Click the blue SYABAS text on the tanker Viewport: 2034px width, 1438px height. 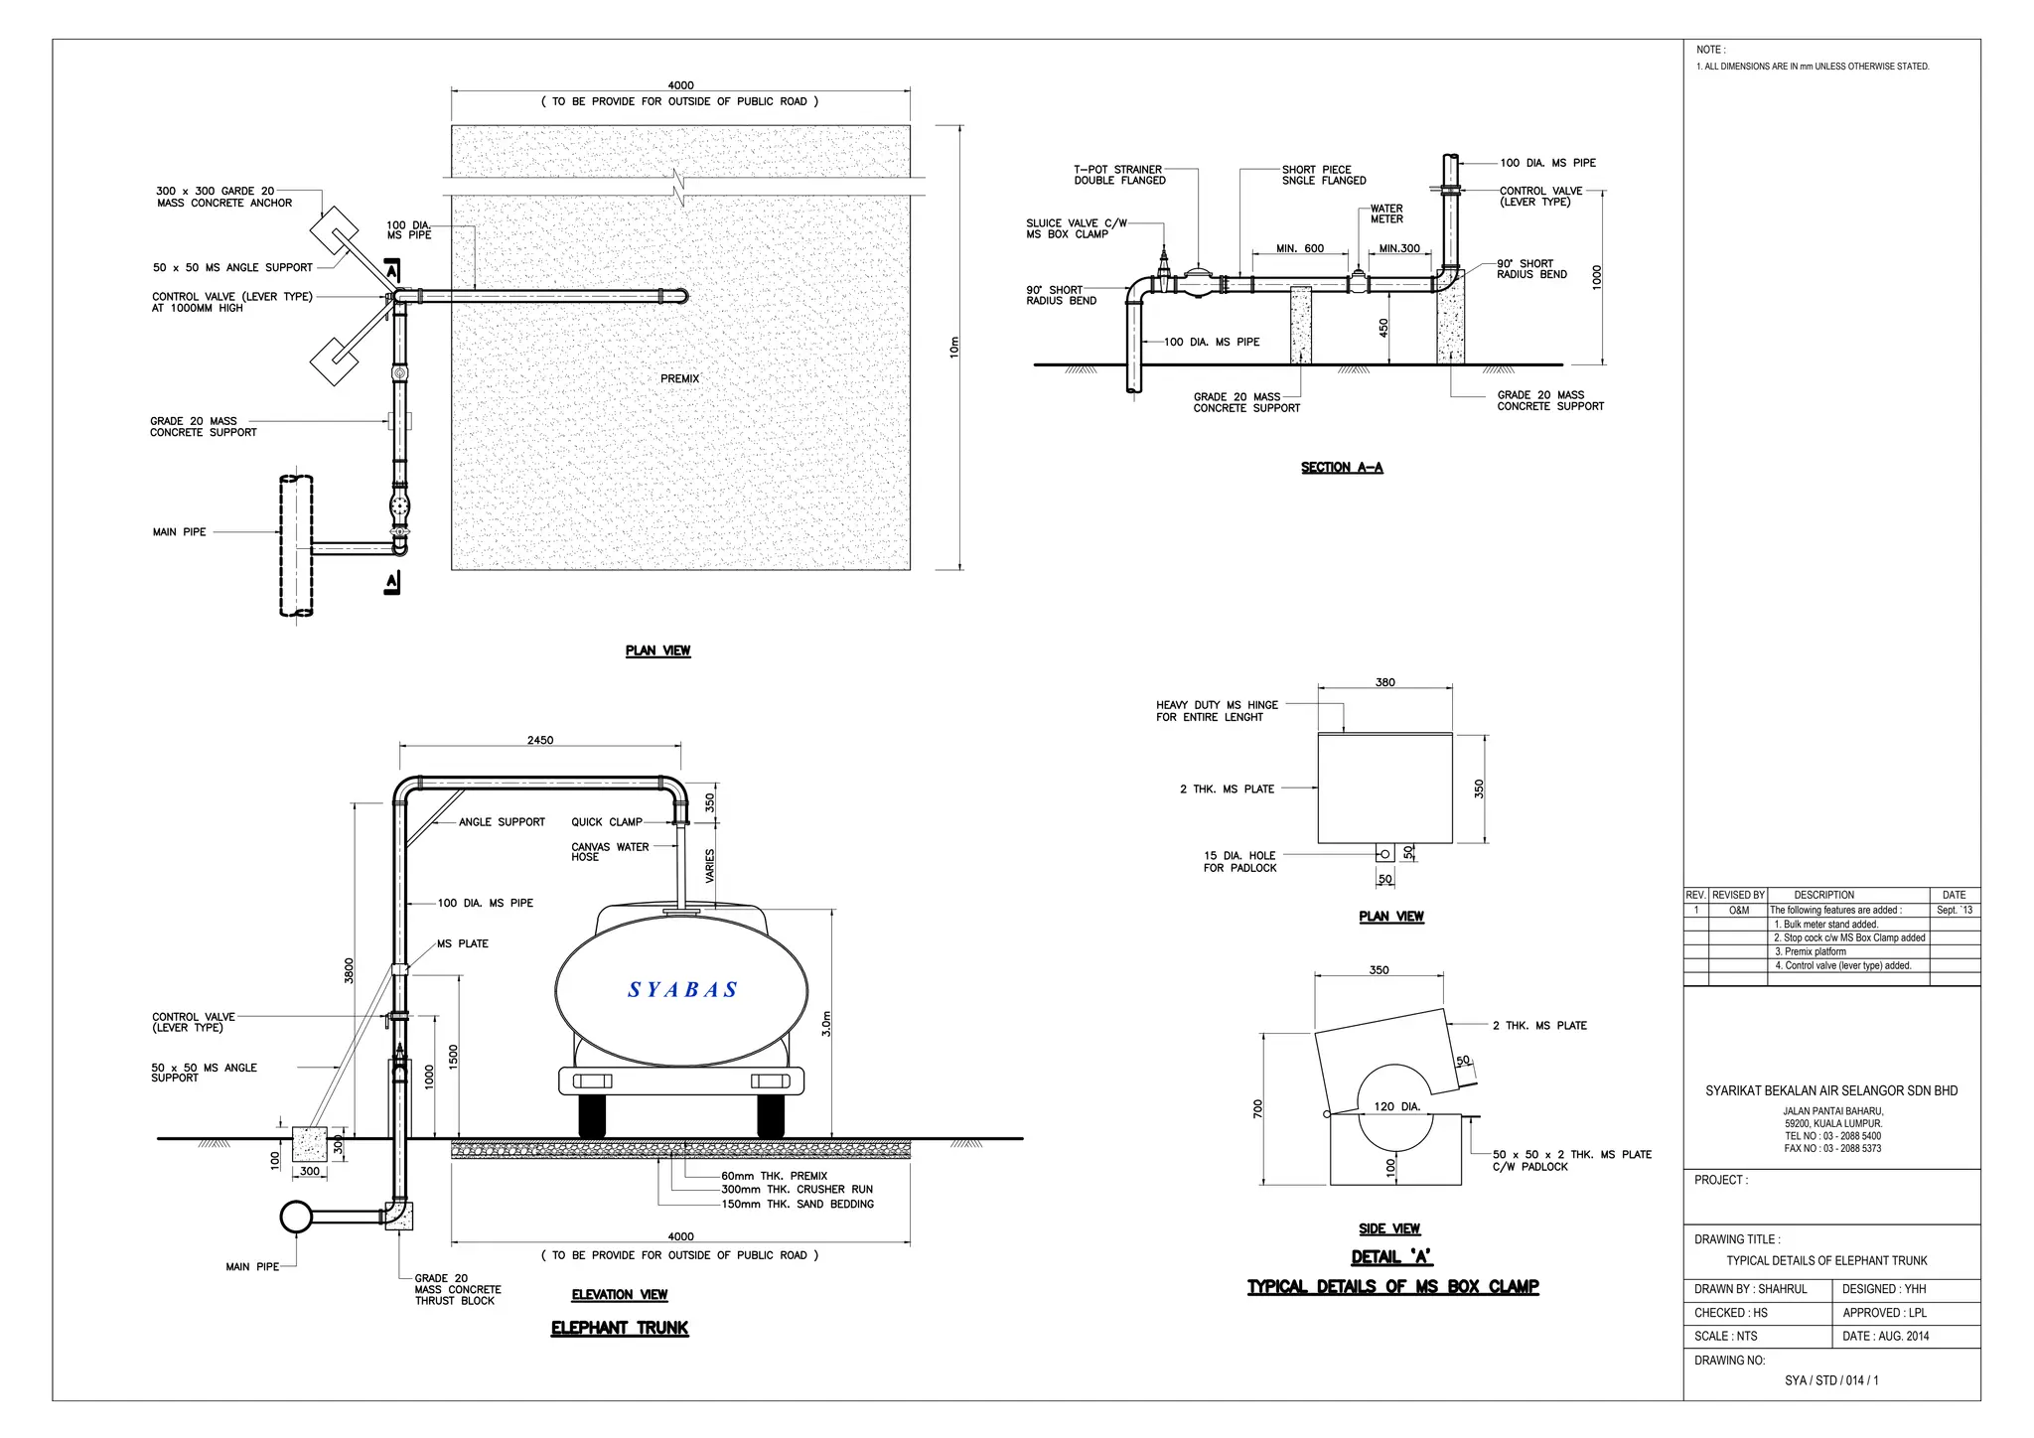(x=683, y=990)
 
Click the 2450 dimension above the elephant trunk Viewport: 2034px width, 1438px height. (x=540, y=741)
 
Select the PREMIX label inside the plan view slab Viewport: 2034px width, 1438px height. (x=680, y=378)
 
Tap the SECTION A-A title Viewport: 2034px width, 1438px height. (x=1342, y=468)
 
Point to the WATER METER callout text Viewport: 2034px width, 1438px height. (x=1386, y=215)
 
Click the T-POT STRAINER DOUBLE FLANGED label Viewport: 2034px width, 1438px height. (x=1118, y=176)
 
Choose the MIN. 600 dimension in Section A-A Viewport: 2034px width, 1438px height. (x=1300, y=249)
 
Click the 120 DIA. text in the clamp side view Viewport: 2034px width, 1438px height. (x=1397, y=1106)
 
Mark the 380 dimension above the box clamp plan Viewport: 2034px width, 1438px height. (x=1385, y=682)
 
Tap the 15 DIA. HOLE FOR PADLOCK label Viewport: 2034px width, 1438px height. (x=1239, y=862)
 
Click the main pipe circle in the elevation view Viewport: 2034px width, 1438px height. (x=296, y=1217)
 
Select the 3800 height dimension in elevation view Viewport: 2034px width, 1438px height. (x=349, y=970)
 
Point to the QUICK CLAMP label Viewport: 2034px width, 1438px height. (x=606, y=822)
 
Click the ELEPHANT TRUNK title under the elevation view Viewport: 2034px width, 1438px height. (x=620, y=1329)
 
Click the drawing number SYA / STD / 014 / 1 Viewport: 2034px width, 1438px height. (x=1831, y=1381)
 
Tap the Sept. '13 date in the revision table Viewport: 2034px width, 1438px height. (x=1954, y=911)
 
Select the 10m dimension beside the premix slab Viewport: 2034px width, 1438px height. (x=954, y=348)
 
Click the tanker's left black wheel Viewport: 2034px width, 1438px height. (x=592, y=1117)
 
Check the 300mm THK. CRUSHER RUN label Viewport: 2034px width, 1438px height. (x=797, y=1190)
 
